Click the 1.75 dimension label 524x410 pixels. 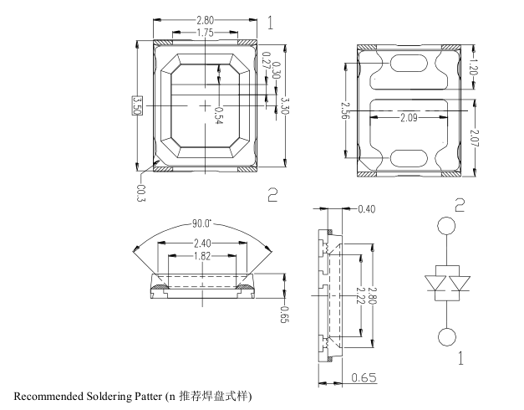coord(204,33)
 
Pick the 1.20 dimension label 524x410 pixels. coord(474,65)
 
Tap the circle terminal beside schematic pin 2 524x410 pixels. coord(448,226)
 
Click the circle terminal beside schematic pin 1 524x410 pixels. coord(448,337)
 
